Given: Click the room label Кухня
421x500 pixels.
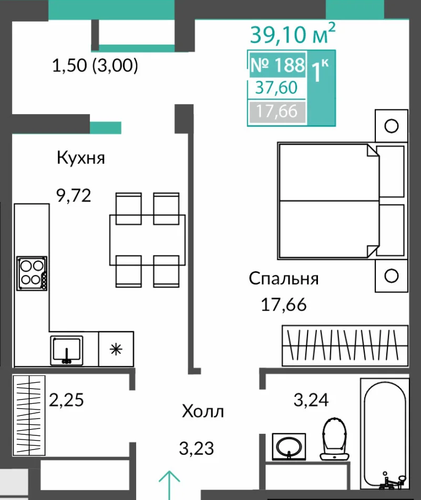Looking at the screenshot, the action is (x=81, y=158).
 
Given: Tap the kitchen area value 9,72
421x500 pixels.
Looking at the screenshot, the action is (x=74, y=196).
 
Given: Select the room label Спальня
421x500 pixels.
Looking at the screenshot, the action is (x=284, y=278).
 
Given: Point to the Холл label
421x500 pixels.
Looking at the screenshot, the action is (x=203, y=411).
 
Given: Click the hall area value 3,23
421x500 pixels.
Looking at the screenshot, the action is (x=197, y=448).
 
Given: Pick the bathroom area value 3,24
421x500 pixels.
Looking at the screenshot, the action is (x=311, y=400).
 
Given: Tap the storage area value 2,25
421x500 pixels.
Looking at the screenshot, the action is (x=66, y=400).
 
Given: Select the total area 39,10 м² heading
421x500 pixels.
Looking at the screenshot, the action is (x=293, y=33).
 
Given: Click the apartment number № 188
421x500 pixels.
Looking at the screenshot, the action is (x=278, y=65).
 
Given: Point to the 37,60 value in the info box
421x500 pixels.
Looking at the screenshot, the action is (x=276, y=87).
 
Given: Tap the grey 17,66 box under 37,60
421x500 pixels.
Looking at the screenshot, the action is (x=277, y=111).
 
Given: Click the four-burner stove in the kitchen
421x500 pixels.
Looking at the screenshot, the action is (x=32, y=273).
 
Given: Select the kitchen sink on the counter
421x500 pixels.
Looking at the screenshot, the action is (x=67, y=350).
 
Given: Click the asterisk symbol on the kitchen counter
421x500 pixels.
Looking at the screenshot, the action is (x=116, y=349).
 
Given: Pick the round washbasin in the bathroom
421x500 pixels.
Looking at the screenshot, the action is (x=289, y=446).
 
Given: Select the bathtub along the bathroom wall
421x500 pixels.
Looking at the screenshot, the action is (x=385, y=434).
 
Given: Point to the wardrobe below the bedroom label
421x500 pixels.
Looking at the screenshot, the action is (x=345, y=345).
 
